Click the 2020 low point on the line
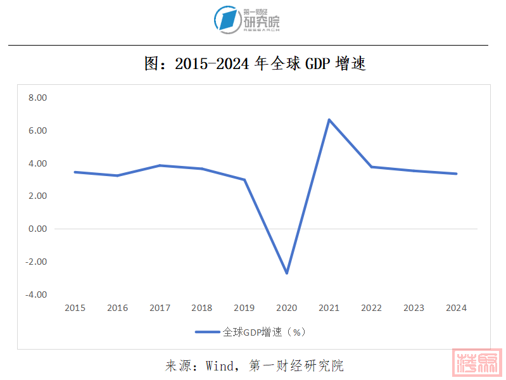point(287,273)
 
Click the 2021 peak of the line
point(329,119)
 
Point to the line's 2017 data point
point(160,165)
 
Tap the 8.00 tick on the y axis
point(37,98)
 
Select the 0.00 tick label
point(37,229)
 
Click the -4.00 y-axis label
point(36,294)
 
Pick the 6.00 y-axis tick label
point(37,130)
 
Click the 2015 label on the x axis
point(75,308)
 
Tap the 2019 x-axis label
point(244,308)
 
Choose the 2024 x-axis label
point(456,308)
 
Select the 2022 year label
point(371,308)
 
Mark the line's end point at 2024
point(456,174)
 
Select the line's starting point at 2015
point(75,172)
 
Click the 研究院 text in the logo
point(262,23)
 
